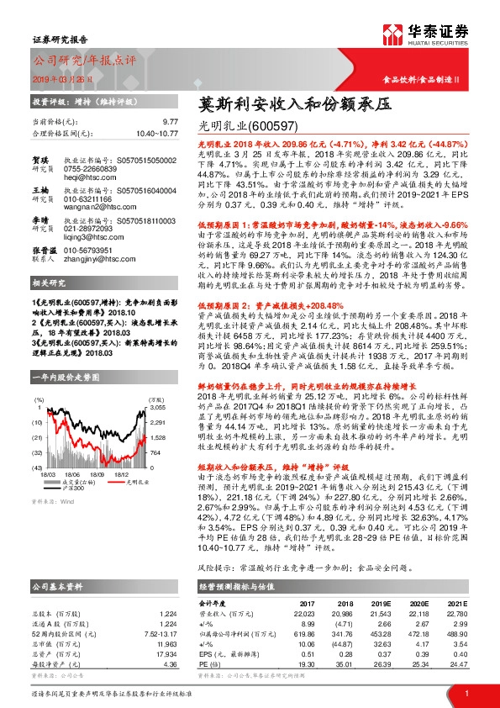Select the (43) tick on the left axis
pyautogui.click(x=38, y=468)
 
